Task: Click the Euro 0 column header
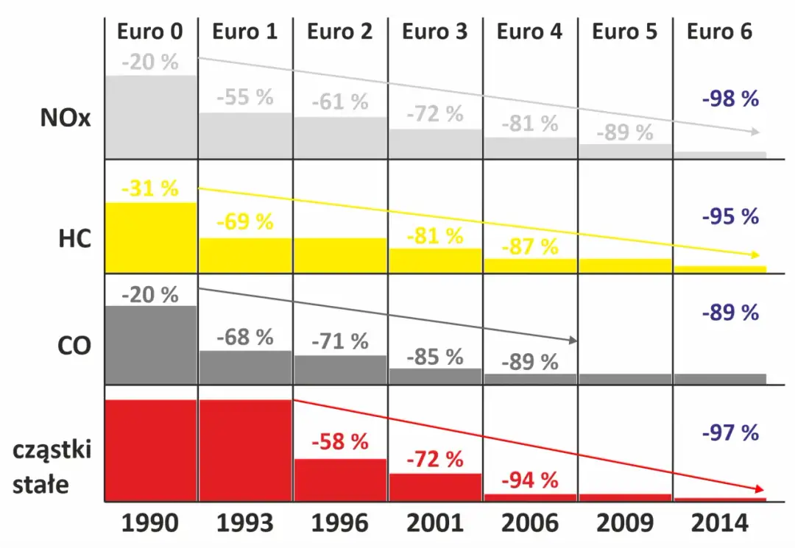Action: coord(150,32)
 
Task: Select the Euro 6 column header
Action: coord(719,32)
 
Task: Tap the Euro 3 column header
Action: coord(434,32)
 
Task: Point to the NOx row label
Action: coord(66,118)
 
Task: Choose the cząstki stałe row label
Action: coord(52,467)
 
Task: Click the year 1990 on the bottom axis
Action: coord(150,523)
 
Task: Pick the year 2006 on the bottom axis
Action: coord(529,523)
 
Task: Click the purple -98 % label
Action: coord(729,99)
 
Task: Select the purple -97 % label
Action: coord(729,433)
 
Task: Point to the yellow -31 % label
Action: coord(150,189)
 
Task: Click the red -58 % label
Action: coord(339,443)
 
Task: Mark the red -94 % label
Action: coord(529,481)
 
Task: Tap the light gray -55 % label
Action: coord(245,98)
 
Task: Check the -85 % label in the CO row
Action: coord(434,357)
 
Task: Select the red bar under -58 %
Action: coord(340,480)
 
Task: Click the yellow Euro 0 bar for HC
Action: coord(151,235)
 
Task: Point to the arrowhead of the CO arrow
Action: coord(571,340)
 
